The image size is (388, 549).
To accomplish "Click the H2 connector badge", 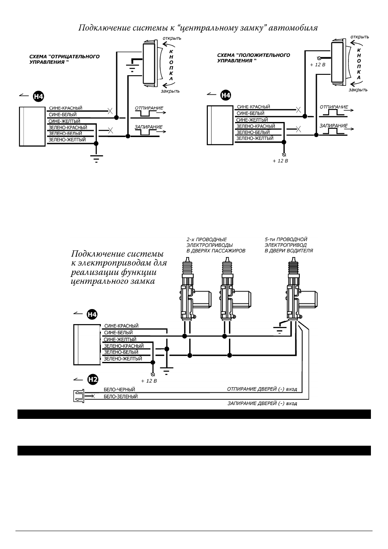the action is pyautogui.click(x=93, y=380).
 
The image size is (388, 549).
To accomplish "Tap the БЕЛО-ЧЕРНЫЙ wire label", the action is pyautogui.click(x=119, y=390).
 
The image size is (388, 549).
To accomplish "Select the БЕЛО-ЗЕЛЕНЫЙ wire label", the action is pyautogui.click(x=121, y=396).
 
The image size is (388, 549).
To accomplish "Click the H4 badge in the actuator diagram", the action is pyautogui.click(x=92, y=314).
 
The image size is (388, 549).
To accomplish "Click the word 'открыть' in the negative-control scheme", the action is pyautogui.click(x=172, y=38).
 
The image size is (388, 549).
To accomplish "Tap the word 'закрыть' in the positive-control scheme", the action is pyautogui.click(x=358, y=90).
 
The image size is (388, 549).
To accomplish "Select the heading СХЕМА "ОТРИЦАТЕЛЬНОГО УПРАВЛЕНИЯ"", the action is pyautogui.click(x=64, y=59).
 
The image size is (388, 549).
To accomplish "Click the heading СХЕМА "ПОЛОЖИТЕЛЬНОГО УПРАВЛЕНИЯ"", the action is pyautogui.click(x=253, y=58).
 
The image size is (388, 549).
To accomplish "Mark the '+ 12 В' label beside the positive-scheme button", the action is pyautogui.click(x=318, y=65).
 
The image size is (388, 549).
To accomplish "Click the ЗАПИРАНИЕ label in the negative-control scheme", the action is pyautogui.click(x=148, y=127).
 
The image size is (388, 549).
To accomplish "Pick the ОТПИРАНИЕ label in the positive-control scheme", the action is pyautogui.click(x=334, y=107).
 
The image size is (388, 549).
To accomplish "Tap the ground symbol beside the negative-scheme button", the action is pyautogui.click(x=132, y=65).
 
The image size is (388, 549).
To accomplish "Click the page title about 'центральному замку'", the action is pyautogui.click(x=198, y=28).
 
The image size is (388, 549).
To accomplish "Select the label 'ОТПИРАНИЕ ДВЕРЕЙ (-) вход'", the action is pyautogui.click(x=262, y=389).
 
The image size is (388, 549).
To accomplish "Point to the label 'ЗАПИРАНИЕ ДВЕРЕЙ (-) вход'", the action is pyautogui.click(x=262, y=403).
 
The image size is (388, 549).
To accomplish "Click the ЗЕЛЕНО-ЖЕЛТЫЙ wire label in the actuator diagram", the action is pyautogui.click(x=123, y=359).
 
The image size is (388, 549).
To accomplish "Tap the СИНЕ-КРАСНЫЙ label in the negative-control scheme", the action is pyautogui.click(x=66, y=108).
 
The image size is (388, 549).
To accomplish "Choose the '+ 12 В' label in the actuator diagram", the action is pyautogui.click(x=149, y=381).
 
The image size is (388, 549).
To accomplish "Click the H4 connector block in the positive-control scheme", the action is pyautogui.click(x=220, y=125).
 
